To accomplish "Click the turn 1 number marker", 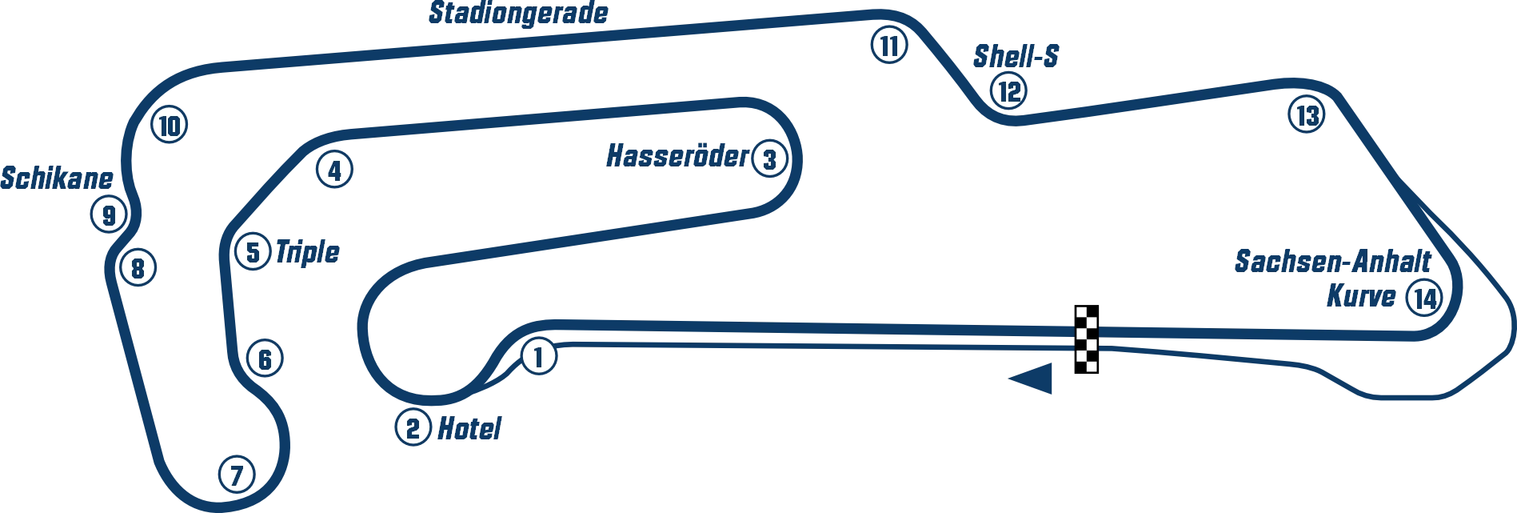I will click(x=538, y=356).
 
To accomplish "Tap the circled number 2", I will click(x=413, y=429).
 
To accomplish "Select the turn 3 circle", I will click(x=768, y=159).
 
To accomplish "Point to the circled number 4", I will click(x=334, y=170).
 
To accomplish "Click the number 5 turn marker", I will click(x=253, y=253).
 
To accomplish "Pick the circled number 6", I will click(x=265, y=359).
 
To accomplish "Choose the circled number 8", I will click(x=138, y=268).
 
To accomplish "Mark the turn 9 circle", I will click(x=109, y=215).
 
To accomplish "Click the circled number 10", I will click(x=169, y=126).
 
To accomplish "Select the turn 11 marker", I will click(x=888, y=46).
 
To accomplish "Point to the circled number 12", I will click(x=1008, y=91).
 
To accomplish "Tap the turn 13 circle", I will click(x=1306, y=116).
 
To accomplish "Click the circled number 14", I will click(x=1424, y=299).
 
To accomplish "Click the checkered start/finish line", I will click(x=1084, y=339).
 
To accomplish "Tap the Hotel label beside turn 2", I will click(x=472, y=430).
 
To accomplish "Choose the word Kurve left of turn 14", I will click(x=1363, y=295).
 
